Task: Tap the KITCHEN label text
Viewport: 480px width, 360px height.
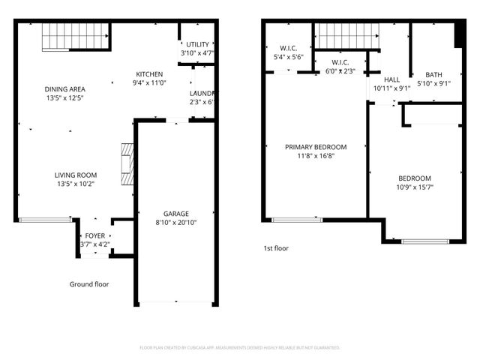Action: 149,73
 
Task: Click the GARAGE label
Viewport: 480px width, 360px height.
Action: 176,213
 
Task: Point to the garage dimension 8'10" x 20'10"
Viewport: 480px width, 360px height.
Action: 176,223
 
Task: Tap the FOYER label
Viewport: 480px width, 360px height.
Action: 95,235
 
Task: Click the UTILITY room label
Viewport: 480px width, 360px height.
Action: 198,45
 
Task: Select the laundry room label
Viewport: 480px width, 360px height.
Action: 201,93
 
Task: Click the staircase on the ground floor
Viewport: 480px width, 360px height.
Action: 76,35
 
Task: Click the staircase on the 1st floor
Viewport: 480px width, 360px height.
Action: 345,34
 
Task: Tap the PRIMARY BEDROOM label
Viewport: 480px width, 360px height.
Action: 316,147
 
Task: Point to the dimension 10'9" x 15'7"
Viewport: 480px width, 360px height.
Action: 414,187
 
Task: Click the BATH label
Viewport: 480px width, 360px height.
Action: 433,74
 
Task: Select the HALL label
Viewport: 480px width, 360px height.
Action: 391,79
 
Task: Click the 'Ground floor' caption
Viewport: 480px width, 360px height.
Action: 89,284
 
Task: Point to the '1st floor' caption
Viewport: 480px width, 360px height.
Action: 276,248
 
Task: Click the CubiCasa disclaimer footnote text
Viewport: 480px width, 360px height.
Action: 240,348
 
